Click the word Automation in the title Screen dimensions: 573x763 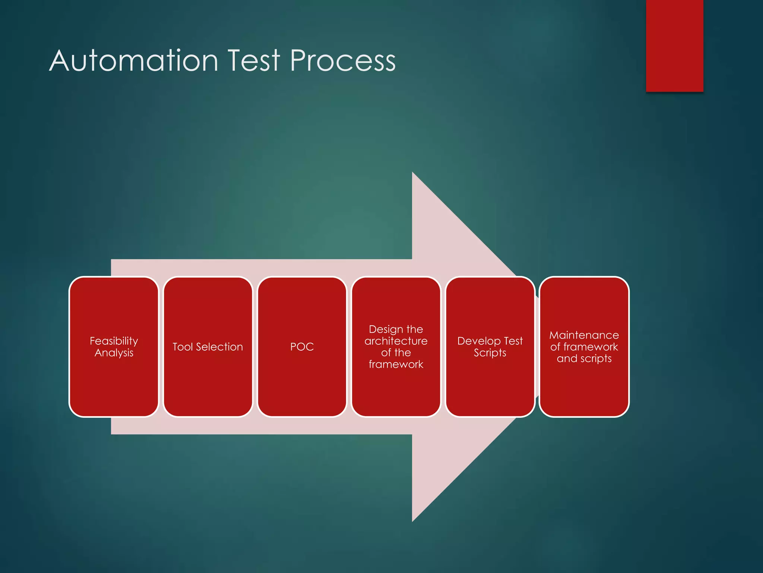pyautogui.click(x=133, y=61)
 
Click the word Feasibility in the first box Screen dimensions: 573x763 pyautogui.click(x=114, y=341)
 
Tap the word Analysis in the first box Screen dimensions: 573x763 pyautogui.click(x=114, y=353)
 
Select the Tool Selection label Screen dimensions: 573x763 pyautogui.click(x=208, y=347)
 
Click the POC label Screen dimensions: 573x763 pyautogui.click(x=302, y=347)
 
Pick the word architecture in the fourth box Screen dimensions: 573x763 pyautogui.click(x=396, y=341)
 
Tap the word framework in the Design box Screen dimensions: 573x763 pyautogui.click(x=396, y=364)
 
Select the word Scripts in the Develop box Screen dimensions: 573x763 pyautogui.click(x=490, y=353)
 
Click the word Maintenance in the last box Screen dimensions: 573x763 pyautogui.click(x=584, y=335)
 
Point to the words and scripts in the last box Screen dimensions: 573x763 pyautogui.click(x=584, y=358)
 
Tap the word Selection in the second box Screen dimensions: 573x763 pyautogui.click(x=219, y=347)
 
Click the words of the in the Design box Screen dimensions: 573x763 pyautogui.click(x=396, y=353)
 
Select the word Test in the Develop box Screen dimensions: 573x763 pyautogui.click(x=513, y=341)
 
